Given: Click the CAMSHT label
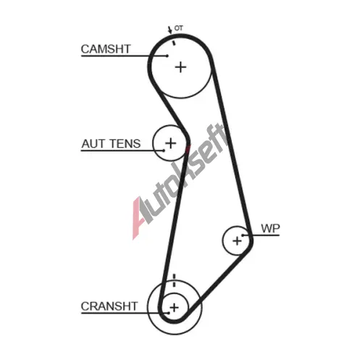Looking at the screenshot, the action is tap(106, 49).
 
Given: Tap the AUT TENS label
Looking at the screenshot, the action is tap(111, 143).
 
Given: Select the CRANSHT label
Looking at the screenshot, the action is tap(109, 306).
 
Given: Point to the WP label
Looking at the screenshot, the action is tap(271, 228).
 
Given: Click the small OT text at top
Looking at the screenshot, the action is tap(179, 28).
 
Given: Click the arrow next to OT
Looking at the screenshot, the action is tap(170, 30).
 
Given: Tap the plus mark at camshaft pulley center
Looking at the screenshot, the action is tap(180, 67).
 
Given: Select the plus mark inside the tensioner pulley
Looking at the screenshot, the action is tap(171, 143).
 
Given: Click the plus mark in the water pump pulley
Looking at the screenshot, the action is tap(237, 240).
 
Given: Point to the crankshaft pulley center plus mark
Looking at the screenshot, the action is tap(174, 308).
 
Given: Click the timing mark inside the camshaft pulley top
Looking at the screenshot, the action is tap(173, 43).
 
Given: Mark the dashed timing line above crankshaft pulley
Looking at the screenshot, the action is tap(174, 280).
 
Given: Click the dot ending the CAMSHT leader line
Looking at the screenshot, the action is tap(167, 56).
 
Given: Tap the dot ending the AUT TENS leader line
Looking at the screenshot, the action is tap(164, 151).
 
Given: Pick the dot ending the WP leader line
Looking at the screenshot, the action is tap(243, 235).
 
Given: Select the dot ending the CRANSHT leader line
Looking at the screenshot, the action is tap(169, 313).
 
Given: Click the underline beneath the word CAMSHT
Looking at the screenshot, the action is tap(124, 56).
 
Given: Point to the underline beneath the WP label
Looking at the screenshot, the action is tap(261, 235).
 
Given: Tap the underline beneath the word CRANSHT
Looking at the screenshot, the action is tap(125, 313).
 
